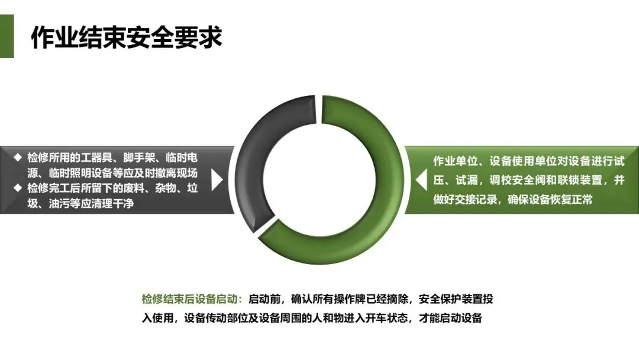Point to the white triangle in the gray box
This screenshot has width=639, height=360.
tap(217, 180)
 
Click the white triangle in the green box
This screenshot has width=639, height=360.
tap(421, 180)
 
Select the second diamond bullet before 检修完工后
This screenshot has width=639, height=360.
tap(17, 188)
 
